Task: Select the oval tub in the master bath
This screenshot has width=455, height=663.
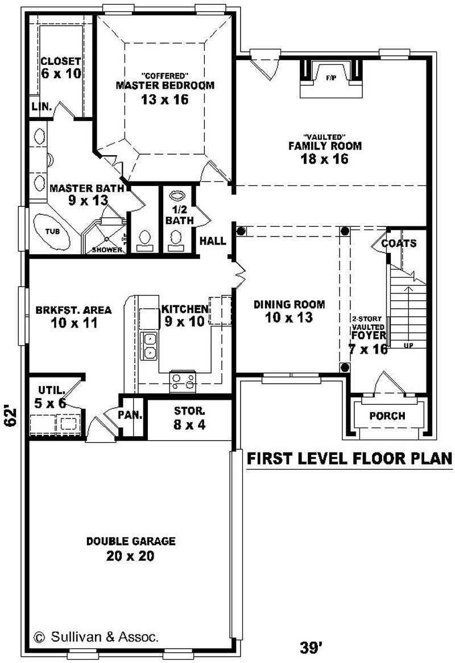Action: pos(51,233)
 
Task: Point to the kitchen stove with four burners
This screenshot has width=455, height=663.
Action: pos(183,381)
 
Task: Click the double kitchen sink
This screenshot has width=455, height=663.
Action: pos(149,346)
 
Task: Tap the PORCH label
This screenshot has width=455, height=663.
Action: pos(387,416)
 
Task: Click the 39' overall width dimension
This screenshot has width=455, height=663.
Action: pos(312,647)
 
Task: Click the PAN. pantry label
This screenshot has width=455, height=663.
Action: pos(130,415)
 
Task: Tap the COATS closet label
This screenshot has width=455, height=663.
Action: pos(399,243)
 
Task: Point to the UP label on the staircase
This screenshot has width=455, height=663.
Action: pos(408,345)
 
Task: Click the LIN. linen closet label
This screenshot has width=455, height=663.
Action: pos(42,106)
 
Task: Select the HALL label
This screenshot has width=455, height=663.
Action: pos(213,241)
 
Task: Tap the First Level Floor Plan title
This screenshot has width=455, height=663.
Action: pos(349,458)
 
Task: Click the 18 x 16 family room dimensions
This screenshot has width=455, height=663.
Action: pos(324,159)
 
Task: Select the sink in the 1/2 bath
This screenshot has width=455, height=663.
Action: pos(177,194)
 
